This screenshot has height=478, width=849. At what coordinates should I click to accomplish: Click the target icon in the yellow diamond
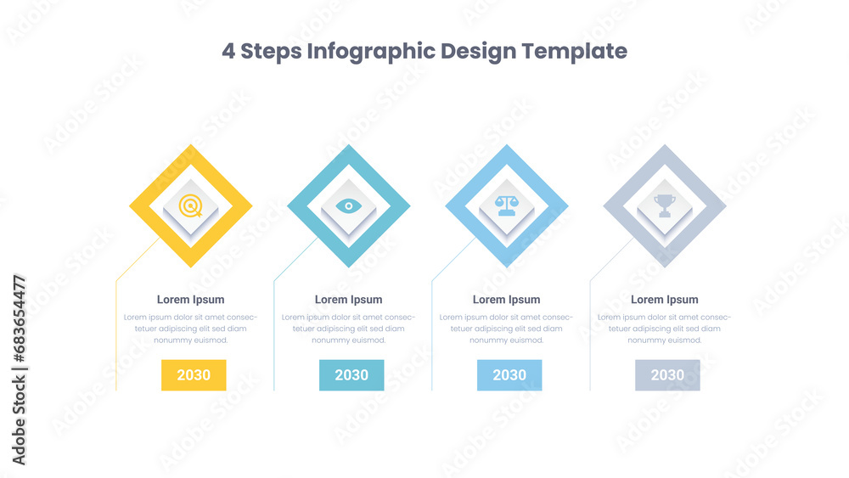coord(190,205)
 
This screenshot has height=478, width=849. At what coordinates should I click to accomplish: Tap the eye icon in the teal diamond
coord(349,205)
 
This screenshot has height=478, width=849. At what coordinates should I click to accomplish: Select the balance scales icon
coord(507,205)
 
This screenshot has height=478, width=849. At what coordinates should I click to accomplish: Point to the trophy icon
coord(665,205)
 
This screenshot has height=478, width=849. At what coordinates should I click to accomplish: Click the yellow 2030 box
coord(194,375)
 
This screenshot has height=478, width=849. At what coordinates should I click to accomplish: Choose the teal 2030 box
coord(351,375)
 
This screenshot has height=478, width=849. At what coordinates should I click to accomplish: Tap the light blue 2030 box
coord(509,375)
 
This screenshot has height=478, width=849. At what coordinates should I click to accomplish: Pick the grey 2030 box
coord(667,375)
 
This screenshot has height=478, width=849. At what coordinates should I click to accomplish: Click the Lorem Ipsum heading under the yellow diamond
coord(190,300)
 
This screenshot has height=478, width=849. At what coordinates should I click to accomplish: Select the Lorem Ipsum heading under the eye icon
coord(349,300)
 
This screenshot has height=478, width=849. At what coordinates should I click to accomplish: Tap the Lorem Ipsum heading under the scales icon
coord(507,300)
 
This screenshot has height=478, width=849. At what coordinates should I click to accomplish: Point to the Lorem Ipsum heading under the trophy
coord(665,300)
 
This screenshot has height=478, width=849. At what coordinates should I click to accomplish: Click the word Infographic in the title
coord(371,52)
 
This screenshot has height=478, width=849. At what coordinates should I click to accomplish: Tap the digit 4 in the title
coord(228,52)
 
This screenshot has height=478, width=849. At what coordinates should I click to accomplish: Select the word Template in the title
coord(575,52)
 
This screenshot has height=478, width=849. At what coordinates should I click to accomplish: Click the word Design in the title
coord(478,52)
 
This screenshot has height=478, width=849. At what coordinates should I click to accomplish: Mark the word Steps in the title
coord(271,52)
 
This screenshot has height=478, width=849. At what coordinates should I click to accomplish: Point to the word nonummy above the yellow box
coord(171,340)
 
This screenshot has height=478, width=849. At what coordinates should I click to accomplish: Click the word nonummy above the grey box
coord(644,340)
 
